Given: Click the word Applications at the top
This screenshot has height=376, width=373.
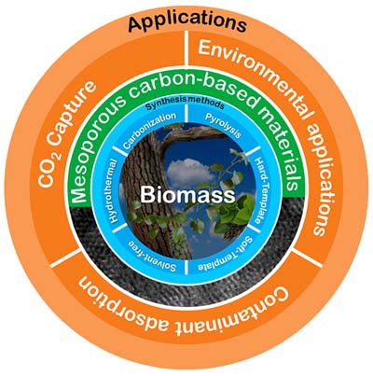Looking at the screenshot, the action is (x=187, y=21).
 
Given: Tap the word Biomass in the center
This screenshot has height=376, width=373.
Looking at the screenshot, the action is (x=187, y=195).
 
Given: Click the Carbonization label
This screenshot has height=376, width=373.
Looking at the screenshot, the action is (x=150, y=130).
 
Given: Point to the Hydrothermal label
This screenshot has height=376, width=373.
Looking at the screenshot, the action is (x=114, y=190).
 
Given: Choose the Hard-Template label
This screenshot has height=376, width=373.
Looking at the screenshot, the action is (x=259, y=190).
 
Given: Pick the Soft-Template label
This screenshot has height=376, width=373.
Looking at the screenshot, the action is (x=226, y=254).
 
